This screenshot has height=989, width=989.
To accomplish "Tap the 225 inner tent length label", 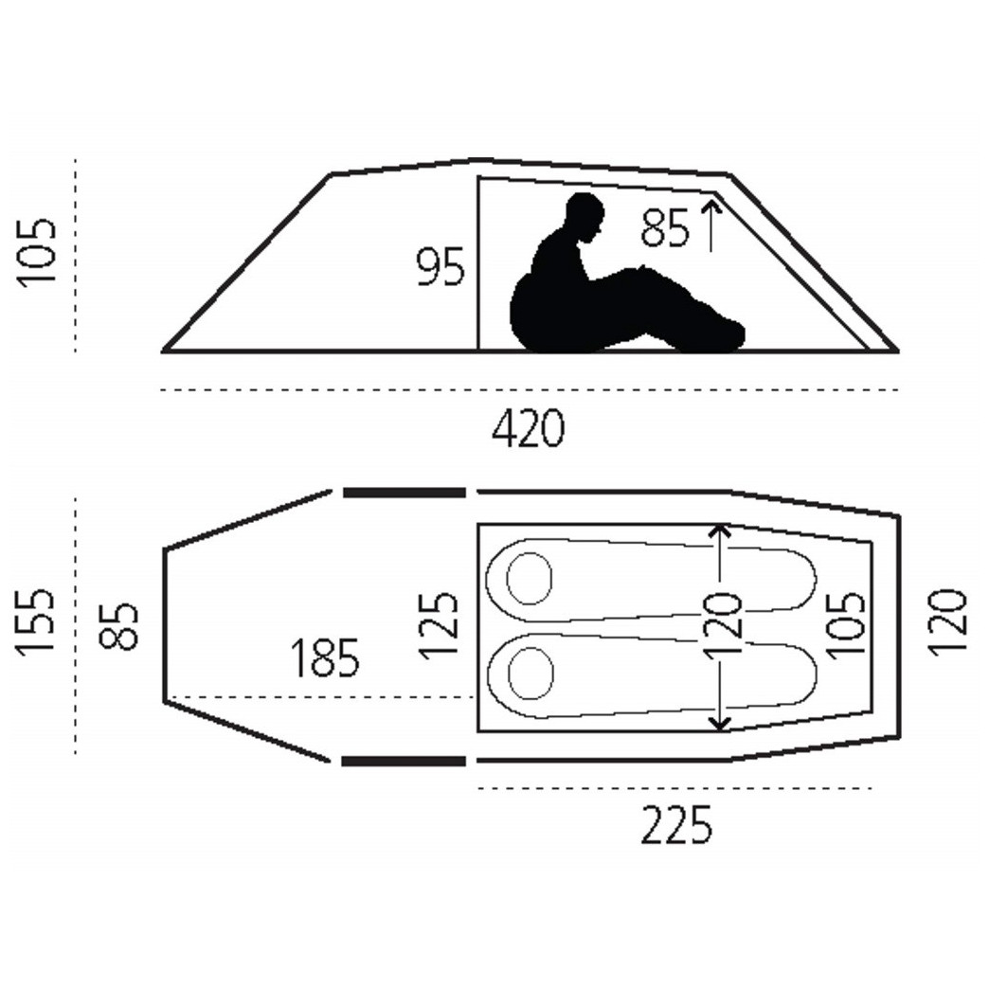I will tap(675, 826).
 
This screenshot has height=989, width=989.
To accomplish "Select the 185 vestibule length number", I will tap(325, 657).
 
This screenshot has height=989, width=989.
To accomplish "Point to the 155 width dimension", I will tap(34, 622).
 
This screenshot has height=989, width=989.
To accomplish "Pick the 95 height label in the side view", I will tap(441, 268).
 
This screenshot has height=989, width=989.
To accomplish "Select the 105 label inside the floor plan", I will tap(846, 625).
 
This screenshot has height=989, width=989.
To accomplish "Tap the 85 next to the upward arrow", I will tap(665, 229).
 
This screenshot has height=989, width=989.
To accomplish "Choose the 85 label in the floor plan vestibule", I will tap(121, 625).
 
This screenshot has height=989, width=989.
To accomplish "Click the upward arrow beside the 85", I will tap(710, 224).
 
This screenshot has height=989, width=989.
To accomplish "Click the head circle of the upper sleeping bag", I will tap(530, 577).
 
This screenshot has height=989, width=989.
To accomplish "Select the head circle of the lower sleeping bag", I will tap(530, 674).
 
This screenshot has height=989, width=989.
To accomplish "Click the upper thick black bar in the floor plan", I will tap(404, 492).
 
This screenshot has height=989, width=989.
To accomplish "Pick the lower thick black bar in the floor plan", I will tap(404, 761).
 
